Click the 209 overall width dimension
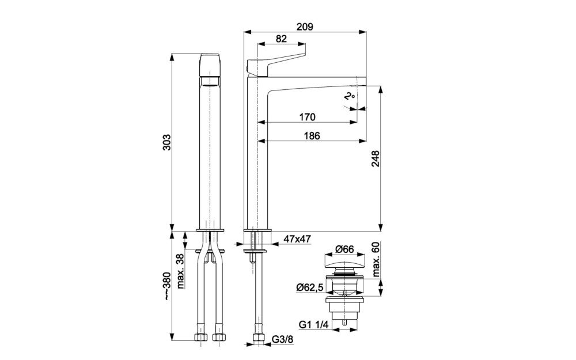305,26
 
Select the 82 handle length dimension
281,39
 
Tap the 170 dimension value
307,117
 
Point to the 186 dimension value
312,135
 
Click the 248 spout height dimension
376,158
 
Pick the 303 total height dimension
166,142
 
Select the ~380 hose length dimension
167,286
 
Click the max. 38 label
180,271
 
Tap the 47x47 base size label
297,239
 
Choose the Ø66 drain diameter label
344,249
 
